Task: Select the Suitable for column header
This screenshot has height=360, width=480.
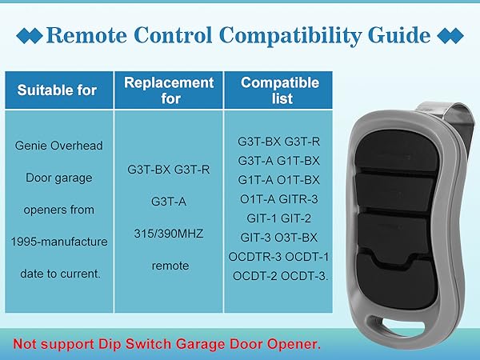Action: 58,90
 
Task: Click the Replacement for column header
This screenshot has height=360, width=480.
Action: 168,90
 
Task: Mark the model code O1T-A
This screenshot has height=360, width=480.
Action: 256,198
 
